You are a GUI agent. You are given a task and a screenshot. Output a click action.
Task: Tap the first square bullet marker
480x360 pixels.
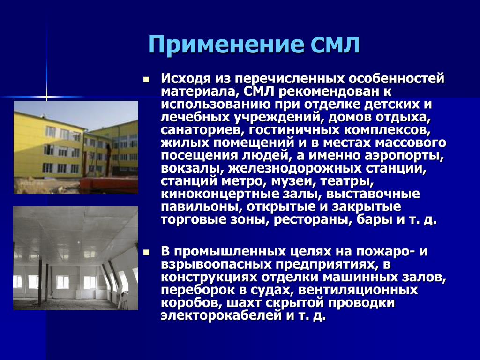[146, 80]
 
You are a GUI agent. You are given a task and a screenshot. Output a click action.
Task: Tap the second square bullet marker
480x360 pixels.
[146, 253]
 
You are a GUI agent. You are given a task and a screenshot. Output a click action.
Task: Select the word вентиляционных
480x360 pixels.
[358, 290]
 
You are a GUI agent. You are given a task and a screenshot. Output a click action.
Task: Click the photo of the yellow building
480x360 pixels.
[76, 147]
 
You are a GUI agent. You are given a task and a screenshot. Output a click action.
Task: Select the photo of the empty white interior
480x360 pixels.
[76, 258]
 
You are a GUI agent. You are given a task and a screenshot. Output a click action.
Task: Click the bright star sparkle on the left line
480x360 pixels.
[46, 97]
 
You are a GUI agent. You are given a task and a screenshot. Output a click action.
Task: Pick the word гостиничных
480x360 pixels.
[294, 130]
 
